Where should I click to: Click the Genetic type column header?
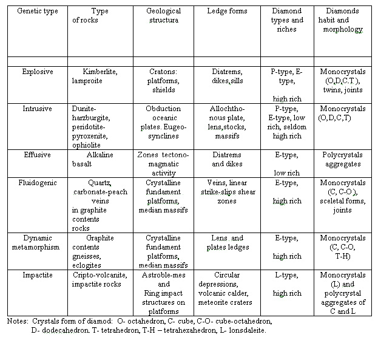point(35,12)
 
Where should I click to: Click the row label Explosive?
point(36,72)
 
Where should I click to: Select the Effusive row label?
point(36,155)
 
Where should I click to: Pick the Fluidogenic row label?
point(37,183)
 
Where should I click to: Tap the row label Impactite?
point(36,275)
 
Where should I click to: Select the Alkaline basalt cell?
point(100,160)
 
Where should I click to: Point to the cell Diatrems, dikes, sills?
point(226,76)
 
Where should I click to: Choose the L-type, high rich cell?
point(287,284)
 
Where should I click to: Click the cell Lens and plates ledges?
point(226,242)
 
